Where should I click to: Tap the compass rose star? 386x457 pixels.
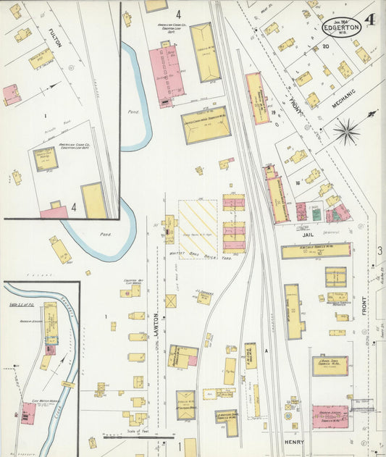pos(348,131)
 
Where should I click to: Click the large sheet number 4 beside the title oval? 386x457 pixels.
pos(371,20)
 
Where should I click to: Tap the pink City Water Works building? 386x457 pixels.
pos(28,414)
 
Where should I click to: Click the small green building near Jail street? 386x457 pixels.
pos(316,214)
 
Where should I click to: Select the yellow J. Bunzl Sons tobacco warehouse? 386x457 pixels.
pos(330,365)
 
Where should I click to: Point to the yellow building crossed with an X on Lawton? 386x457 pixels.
pos(171,301)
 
